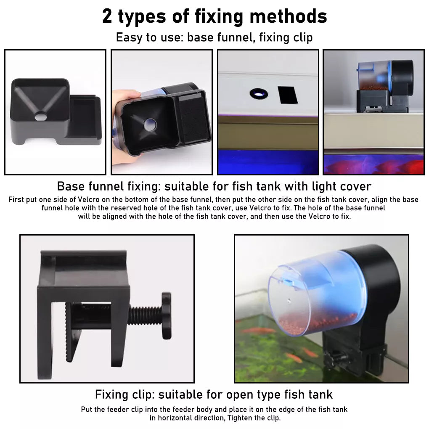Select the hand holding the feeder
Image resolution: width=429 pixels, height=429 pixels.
[x=124, y=126]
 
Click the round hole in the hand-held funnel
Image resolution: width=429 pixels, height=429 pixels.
[x=150, y=124]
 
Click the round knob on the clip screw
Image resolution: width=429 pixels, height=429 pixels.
[x=166, y=315]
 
